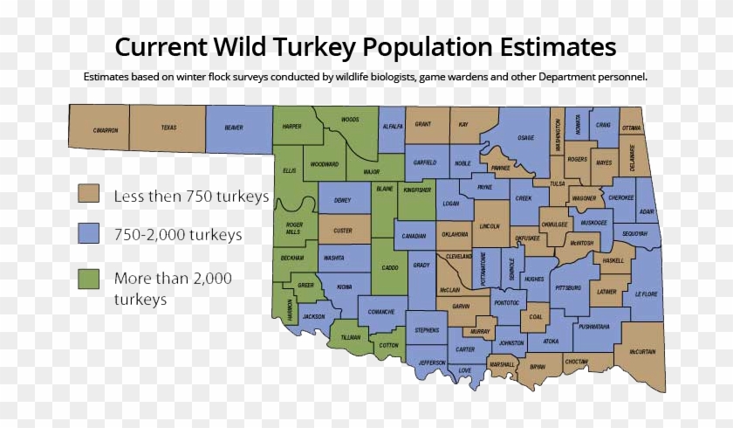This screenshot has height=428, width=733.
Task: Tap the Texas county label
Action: pyautogui.click(x=168, y=128)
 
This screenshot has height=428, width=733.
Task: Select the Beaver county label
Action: pyautogui.click(x=234, y=128)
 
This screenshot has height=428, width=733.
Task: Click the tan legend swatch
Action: pyautogui.click(x=88, y=195)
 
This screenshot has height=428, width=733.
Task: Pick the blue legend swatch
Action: pyautogui.click(x=88, y=234)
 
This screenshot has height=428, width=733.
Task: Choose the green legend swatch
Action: pyautogui.click(x=88, y=279)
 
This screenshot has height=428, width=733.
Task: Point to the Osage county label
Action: pyautogui.click(x=525, y=138)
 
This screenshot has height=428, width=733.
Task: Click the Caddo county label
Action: pyautogui.click(x=389, y=267)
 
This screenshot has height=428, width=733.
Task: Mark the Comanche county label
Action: pyautogui.click(x=381, y=312)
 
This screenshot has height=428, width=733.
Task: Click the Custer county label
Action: pyautogui.click(x=343, y=231)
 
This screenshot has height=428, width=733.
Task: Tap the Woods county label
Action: pyautogui.click(x=350, y=120)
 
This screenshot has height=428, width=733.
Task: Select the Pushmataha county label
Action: pyautogui.click(x=593, y=326)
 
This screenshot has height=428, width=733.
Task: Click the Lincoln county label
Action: pyautogui.click(x=490, y=227)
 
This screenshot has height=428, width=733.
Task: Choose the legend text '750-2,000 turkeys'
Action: pyautogui.click(x=178, y=234)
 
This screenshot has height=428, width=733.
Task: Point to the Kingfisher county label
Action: pyautogui.click(x=418, y=190)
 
